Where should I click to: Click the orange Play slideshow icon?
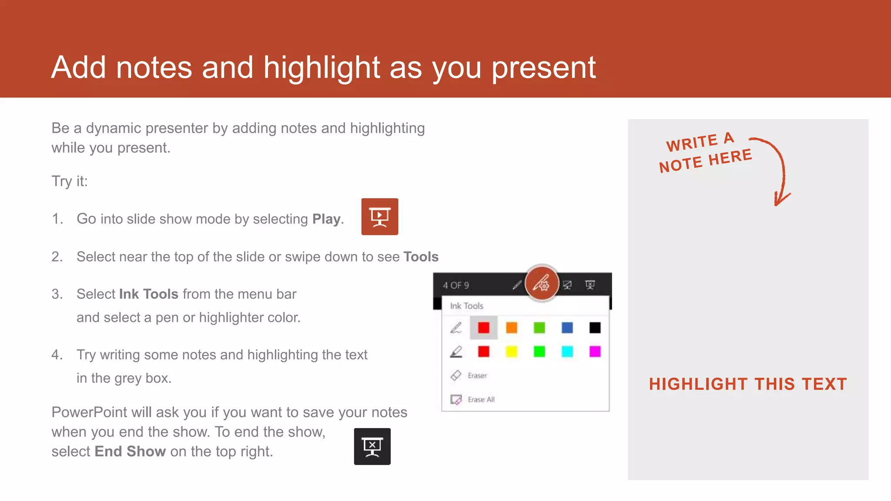click(379, 217)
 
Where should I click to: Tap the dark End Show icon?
click(372, 446)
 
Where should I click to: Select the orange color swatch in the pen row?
click(512, 327)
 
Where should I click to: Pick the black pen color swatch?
click(595, 327)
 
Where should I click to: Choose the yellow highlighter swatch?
click(512, 351)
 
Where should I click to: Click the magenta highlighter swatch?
click(595, 351)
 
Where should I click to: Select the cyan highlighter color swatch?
click(567, 351)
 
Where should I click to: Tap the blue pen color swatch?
click(567, 327)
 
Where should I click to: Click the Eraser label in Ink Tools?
click(477, 375)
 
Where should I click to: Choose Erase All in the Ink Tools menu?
click(481, 399)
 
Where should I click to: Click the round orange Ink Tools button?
click(542, 284)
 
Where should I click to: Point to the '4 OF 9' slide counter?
click(456, 285)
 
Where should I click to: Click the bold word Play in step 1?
click(326, 219)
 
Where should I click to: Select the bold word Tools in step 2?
click(421, 257)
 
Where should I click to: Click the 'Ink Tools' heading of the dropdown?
click(466, 306)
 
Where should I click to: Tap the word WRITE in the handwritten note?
click(692, 143)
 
